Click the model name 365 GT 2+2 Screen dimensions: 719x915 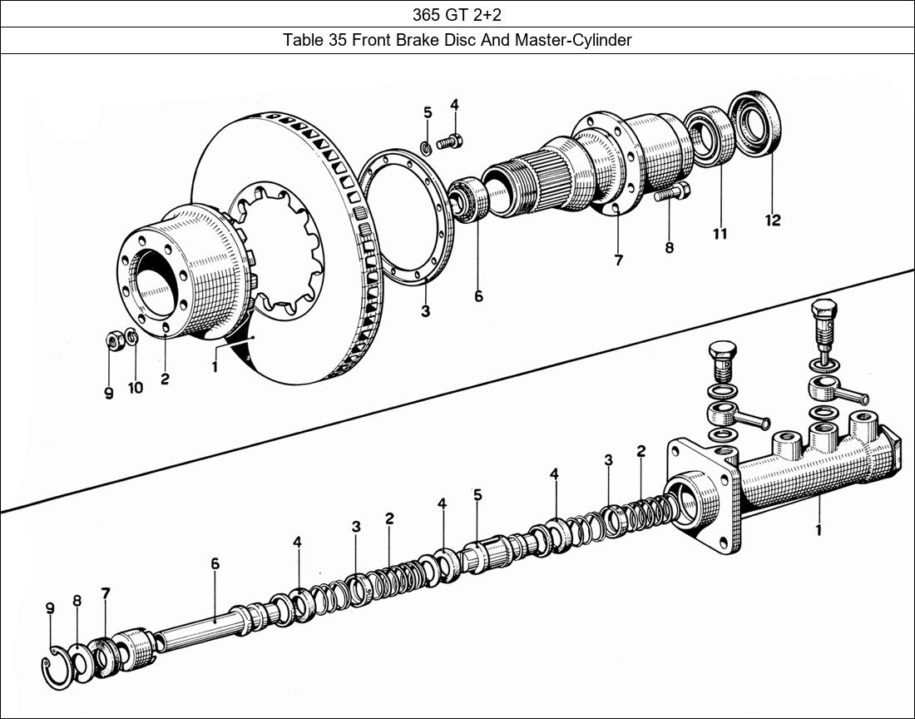[457, 14]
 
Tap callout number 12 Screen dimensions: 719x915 [773, 220]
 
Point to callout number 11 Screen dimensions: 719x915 [720, 234]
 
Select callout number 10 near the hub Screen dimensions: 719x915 [135, 387]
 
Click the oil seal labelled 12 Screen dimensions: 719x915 [755, 125]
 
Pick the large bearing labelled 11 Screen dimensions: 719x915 [710, 136]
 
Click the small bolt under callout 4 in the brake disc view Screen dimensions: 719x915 [449, 142]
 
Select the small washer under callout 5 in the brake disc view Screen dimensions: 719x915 [426, 148]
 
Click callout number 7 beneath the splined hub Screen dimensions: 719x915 [618, 260]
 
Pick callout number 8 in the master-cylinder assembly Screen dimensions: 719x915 [77, 600]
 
